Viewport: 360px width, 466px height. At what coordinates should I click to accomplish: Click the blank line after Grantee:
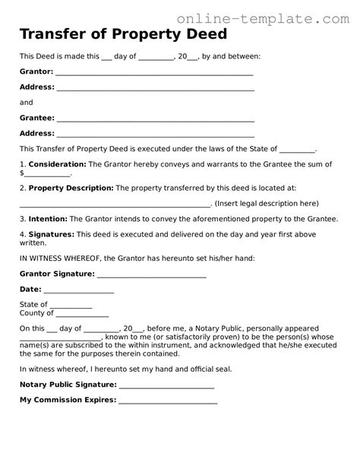pyautogui.click(x=155, y=119)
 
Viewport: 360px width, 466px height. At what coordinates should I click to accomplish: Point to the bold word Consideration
pyautogui.click(x=57, y=164)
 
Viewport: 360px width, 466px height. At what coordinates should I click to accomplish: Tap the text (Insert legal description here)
pyautogui.click(x=267, y=203)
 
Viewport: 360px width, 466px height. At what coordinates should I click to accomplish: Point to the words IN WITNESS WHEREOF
pyautogui.click(x=58, y=258)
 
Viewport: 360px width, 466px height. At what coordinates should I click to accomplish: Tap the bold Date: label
pyautogui.click(x=30, y=289)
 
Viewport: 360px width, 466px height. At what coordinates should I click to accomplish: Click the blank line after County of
pyautogui.click(x=82, y=315)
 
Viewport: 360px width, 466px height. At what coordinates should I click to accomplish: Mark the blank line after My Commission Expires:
pyautogui.click(x=167, y=401)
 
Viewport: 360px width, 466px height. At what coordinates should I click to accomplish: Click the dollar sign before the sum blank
pyautogui.click(x=22, y=173)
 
